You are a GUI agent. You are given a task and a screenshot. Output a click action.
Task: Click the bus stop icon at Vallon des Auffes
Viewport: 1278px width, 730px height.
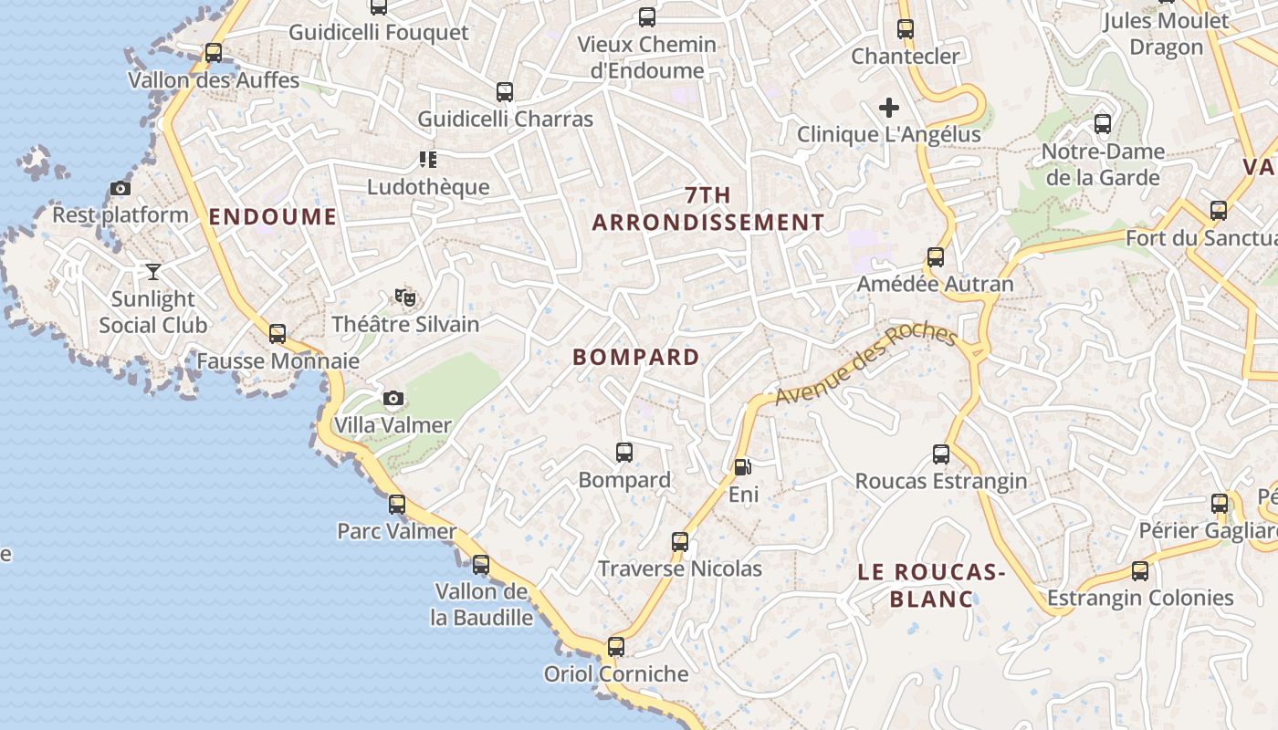pyautogui.click(x=214, y=53)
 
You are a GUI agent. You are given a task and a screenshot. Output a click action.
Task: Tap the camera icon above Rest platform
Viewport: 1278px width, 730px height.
pyautogui.click(x=120, y=189)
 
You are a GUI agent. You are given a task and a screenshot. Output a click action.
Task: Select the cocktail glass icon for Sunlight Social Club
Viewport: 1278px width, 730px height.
pyautogui.click(x=152, y=272)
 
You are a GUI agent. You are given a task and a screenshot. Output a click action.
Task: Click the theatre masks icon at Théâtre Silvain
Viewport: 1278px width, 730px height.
pyautogui.click(x=404, y=297)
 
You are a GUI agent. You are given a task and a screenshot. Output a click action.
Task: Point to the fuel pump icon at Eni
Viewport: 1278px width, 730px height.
pyautogui.click(x=743, y=467)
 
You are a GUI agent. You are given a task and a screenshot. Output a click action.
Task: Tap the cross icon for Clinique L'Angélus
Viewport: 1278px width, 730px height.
pyautogui.click(x=888, y=108)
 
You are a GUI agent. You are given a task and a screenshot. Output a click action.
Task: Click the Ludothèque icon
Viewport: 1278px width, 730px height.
pyautogui.click(x=427, y=160)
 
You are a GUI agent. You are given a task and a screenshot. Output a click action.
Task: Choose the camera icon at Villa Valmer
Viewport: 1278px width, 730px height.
pyautogui.click(x=393, y=398)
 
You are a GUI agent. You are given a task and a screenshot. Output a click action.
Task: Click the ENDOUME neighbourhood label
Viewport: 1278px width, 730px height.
pyautogui.click(x=272, y=216)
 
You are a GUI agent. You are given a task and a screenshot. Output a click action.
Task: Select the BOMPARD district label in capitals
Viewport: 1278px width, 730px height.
pyautogui.click(x=636, y=357)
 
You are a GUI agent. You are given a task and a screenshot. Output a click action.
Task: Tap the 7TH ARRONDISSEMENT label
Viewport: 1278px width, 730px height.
pyautogui.click(x=708, y=209)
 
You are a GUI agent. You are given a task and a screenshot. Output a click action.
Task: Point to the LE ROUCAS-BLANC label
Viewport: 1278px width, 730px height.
pyautogui.click(x=931, y=585)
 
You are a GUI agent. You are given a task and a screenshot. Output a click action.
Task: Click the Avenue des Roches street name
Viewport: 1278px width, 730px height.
pyautogui.click(x=865, y=364)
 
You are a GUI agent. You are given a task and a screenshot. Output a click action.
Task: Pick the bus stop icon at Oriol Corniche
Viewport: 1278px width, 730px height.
pyautogui.click(x=616, y=647)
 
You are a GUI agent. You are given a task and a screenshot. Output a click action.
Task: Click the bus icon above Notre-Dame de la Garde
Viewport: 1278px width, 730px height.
pyautogui.click(x=1103, y=123)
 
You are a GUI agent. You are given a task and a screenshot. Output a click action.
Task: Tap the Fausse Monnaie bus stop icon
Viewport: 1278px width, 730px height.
pyautogui.click(x=278, y=334)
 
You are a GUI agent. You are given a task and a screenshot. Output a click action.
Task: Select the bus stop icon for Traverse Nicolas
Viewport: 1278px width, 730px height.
pyautogui.click(x=680, y=542)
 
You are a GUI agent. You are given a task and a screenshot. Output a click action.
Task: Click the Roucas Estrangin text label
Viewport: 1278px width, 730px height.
pyautogui.click(x=940, y=481)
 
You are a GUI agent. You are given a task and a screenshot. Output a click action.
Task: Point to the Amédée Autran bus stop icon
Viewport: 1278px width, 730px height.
pyautogui.click(x=935, y=257)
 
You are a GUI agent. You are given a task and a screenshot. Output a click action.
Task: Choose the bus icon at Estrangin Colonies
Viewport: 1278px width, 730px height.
pyautogui.click(x=1140, y=571)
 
